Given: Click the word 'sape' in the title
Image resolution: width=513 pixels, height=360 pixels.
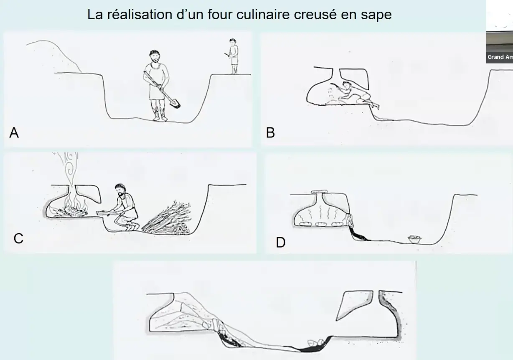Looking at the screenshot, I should click(375, 15).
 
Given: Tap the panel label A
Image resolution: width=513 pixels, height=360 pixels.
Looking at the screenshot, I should click(14, 133).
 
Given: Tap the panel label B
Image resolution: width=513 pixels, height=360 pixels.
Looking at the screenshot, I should click(270, 133).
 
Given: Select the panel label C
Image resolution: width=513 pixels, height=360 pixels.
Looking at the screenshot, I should click(18, 238).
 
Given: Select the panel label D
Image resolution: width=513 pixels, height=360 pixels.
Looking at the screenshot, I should click(280, 243).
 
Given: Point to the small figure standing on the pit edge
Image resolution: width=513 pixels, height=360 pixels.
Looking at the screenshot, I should click(234, 56).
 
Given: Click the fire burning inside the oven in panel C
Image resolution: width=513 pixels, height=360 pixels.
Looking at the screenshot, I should click(75, 207).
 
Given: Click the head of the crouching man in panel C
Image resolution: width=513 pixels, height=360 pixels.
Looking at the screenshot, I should click(121, 191).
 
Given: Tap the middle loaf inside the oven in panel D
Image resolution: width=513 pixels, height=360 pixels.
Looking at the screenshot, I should click(321, 224).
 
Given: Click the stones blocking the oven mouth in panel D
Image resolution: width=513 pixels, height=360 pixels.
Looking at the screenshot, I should click(350, 219).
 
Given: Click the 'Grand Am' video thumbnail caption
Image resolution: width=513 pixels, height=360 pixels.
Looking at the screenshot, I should click(500, 57).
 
